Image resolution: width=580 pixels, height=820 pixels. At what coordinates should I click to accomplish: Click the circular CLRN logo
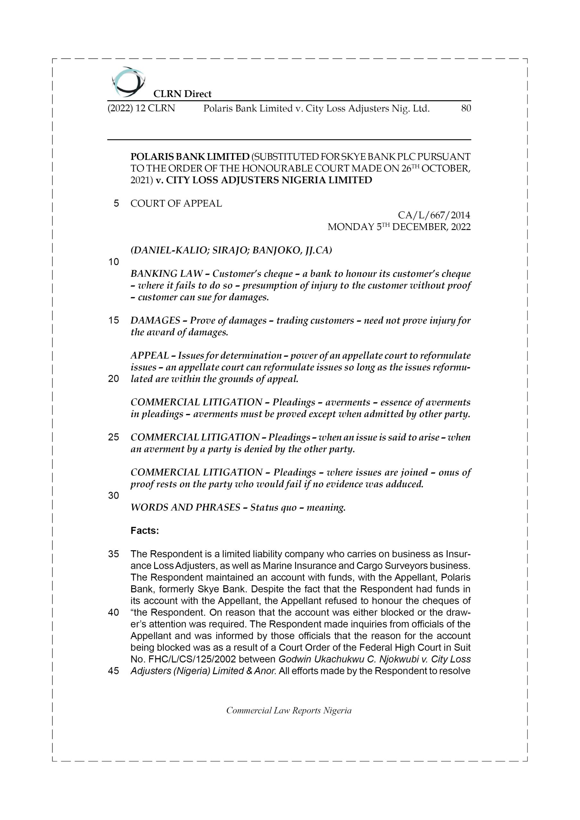[x=128, y=82]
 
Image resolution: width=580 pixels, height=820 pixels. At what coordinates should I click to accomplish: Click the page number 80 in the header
[x=466, y=108]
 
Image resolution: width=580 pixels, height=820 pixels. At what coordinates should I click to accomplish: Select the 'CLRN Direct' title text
[x=182, y=94]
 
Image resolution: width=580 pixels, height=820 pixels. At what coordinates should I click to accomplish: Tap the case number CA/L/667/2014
[x=434, y=215]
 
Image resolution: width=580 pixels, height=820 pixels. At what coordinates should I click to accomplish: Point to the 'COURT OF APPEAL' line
[x=176, y=204]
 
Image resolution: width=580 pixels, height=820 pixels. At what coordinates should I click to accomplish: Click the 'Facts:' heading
[x=145, y=531]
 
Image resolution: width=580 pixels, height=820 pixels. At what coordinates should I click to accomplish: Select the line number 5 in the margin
[x=116, y=204]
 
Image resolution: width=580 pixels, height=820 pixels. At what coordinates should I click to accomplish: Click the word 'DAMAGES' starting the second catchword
[x=155, y=320]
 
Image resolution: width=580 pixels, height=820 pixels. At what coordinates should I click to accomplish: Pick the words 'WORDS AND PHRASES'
[x=185, y=507]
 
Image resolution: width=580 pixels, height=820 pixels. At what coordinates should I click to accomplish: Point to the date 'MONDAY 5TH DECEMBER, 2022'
[x=399, y=227]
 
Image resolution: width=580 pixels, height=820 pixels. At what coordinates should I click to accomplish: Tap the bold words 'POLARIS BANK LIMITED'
[x=190, y=157]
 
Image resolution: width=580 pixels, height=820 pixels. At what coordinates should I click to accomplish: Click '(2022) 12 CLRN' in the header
[x=141, y=108]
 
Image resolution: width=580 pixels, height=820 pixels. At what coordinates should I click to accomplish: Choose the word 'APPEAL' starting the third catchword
[x=149, y=356]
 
